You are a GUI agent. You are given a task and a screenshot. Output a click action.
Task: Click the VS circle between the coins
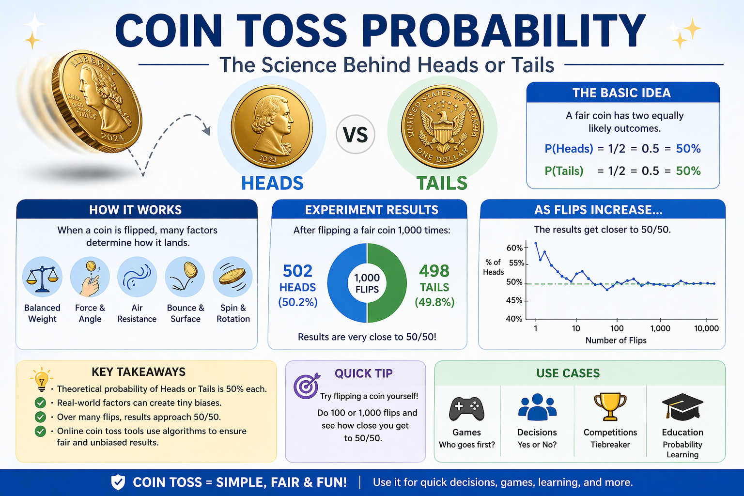tap(356, 134)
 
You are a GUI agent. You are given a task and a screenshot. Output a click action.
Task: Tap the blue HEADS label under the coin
tap(272, 183)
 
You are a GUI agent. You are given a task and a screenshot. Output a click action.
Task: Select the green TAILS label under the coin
tap(442, 183)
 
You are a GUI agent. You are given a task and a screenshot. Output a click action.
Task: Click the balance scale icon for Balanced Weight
tap(42, 278)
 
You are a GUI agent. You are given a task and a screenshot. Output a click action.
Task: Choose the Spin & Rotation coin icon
tap(232, 277)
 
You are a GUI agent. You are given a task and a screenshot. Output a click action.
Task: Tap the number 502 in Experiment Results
tap(297, 271)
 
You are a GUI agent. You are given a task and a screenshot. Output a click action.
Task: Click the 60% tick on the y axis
tap(514, 248)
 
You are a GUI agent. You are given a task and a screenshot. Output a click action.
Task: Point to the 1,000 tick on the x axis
tap(660, 328)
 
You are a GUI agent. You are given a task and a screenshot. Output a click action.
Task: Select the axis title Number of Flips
tap(616, 341)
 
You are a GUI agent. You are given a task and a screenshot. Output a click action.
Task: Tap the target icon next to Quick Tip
tap(306, 385)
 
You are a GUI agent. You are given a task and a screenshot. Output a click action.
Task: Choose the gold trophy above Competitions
tap(610, 406)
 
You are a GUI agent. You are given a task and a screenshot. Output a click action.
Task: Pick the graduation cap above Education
tap(682, 406)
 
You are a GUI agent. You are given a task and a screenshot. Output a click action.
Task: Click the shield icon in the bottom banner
tap(118, 482)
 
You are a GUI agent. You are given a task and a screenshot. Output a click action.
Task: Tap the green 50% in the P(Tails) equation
tap(688, 171)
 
